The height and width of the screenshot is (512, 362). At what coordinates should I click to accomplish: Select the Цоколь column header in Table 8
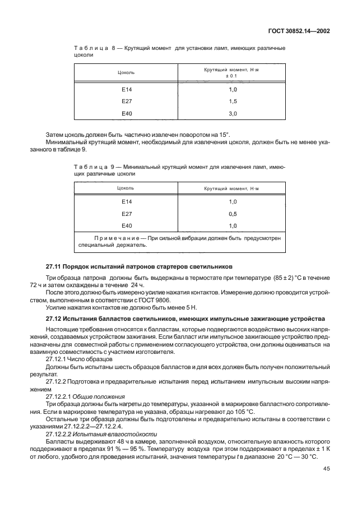(126, 73)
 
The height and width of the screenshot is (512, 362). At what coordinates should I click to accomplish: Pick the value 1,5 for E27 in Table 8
(233, 102)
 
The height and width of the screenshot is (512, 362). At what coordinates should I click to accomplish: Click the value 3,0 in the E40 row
(233, 114)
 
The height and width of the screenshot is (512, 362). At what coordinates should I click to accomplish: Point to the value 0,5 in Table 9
(233, 214)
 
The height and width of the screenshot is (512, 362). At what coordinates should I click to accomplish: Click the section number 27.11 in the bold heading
(54, 265)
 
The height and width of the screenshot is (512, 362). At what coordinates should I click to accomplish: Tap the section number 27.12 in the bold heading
(54, 317)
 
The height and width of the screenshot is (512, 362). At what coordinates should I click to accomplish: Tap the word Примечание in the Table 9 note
(107, 238)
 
